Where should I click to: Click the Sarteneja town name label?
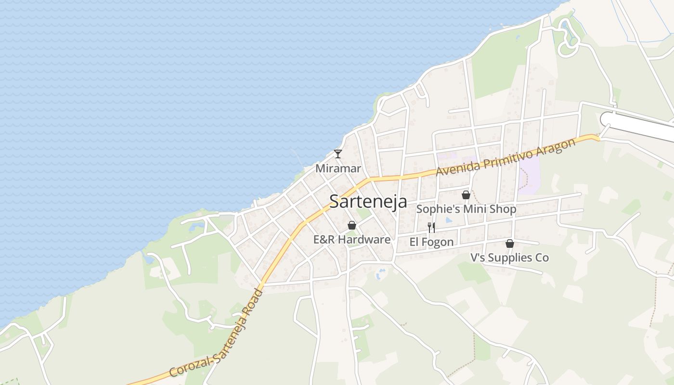click(368, 201)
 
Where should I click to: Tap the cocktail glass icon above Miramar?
click(338, 154)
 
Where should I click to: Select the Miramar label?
click(338, 168)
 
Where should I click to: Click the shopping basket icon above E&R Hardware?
click(352, 225)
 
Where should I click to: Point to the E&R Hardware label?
click(352, 239)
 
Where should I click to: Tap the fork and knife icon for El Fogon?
click(431, 227)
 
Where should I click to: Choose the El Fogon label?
click(431, 242)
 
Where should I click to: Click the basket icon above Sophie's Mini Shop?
click(466, 195)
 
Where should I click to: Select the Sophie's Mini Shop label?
click(466, 209)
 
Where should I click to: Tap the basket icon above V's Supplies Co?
click(509, 244)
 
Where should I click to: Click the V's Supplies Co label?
click(509, 257)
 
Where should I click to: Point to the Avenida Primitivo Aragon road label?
click(505, 157)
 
